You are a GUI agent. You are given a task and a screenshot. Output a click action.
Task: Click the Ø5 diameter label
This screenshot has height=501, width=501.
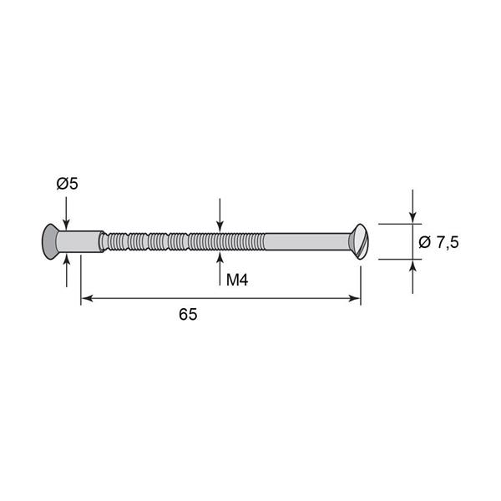coord(68,184)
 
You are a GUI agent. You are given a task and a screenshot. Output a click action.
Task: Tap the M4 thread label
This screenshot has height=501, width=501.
coord(237,281)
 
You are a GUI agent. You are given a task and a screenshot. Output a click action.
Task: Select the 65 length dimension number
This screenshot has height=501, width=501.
coord(188,315)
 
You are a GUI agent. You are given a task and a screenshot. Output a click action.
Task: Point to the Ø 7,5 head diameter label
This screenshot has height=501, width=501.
coord(438,242)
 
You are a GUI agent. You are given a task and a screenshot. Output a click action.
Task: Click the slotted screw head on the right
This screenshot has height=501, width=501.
coord(360,241)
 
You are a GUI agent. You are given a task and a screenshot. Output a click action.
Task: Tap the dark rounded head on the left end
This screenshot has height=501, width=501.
coord(49,241)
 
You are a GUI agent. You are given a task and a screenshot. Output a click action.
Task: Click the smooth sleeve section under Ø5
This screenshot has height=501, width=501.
coord(80,241)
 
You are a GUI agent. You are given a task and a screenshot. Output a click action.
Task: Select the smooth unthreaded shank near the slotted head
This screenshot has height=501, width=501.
coord(307,241)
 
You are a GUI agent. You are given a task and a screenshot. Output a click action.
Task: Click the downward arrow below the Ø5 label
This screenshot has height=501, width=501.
coord(66,213)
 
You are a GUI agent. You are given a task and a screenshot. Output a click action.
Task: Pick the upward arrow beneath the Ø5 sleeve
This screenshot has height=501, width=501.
coord(67,271)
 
